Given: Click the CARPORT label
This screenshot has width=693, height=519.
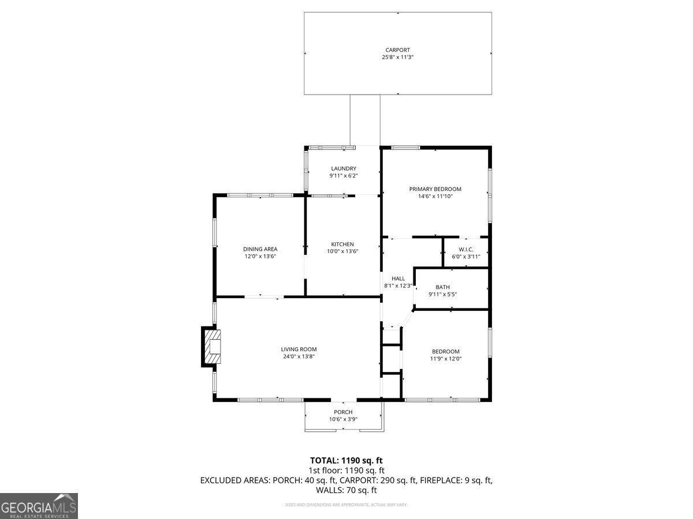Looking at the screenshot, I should coord(398,50).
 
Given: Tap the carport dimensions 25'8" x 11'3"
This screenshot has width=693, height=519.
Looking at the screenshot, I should coord(398,58).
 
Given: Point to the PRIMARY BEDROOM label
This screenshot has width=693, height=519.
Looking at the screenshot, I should coord(435,189).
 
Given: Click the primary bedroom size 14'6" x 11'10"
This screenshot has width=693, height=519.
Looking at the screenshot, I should coord(435,197).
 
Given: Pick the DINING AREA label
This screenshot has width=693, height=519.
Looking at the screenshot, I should coord(260,249).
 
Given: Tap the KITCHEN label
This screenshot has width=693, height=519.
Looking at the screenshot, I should coord(342,244).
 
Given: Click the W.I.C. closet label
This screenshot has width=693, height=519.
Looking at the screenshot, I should coord(465,249).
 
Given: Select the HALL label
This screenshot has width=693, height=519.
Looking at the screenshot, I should coord(398,279).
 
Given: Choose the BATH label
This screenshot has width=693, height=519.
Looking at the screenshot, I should coord(443,287).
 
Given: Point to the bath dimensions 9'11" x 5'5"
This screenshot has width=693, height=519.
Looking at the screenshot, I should coord(443,295).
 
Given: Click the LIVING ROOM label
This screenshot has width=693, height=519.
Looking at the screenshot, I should coord(299,349).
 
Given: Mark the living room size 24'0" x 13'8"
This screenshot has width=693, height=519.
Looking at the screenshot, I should coord(299,356).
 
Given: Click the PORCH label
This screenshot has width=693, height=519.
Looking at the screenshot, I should coord(343,412).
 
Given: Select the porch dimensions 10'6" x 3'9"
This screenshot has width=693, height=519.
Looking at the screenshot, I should coord(343,419).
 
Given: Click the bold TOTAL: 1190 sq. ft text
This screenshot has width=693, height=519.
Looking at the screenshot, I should coord(346,460).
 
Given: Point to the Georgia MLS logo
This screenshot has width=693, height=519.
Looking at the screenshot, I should coord(39,506).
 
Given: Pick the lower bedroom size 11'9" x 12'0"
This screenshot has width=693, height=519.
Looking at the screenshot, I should coord(446,359).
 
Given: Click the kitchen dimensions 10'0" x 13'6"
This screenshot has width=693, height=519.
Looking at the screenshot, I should coord(342,251).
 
